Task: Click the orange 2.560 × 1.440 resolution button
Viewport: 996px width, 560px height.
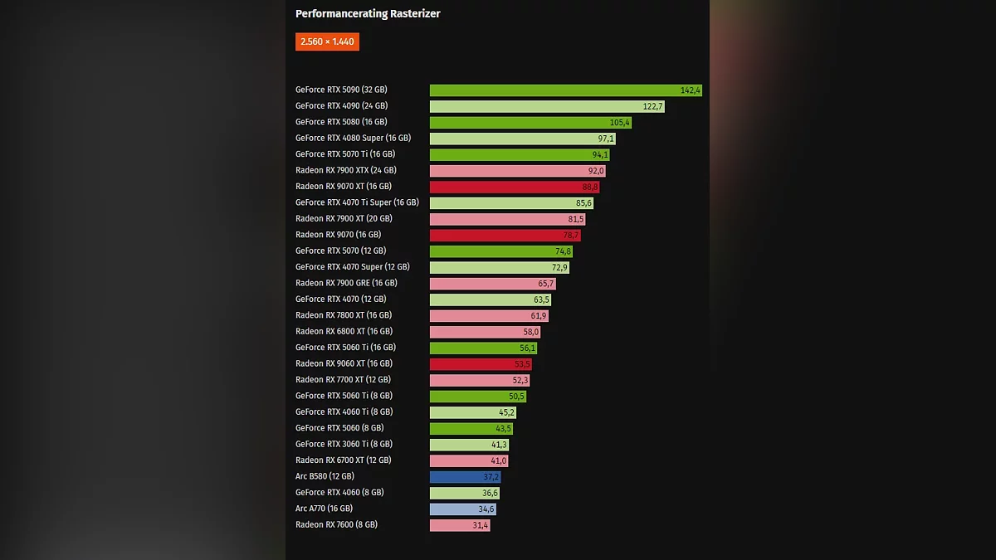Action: [x=327, y=41]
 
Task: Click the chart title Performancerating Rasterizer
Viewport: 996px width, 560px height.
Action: [x=368, y=14]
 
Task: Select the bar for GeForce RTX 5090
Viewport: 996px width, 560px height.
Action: [x=564, y=90]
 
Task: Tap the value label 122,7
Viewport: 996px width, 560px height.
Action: [x=653, y=106]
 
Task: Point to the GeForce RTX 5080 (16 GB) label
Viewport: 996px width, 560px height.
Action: [x=341, y=122]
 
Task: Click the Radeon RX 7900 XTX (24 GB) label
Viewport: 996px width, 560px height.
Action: [x=347, y=171]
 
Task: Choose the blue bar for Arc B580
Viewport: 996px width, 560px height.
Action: [x=464, y=477]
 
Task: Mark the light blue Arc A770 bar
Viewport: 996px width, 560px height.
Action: [x=462, y=509]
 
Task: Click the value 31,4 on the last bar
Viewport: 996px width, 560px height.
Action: [x=481, y=525]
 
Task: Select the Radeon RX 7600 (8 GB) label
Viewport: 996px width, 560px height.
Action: [x=336, y=525]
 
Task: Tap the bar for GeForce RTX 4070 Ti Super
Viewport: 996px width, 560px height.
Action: [x=510, y=203]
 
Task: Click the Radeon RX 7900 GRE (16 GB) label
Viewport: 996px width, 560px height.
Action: [x=346, y=284]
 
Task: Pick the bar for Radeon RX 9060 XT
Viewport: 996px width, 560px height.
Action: [x=480, y=364]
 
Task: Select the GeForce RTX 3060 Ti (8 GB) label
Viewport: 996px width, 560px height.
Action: [x=344, y=445]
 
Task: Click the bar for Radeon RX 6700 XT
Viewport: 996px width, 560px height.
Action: [x=468, y=460]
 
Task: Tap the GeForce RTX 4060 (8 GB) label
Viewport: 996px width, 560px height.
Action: [x=339, y=493]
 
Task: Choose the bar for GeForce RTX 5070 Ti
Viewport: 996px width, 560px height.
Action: [x=519, y=154]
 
